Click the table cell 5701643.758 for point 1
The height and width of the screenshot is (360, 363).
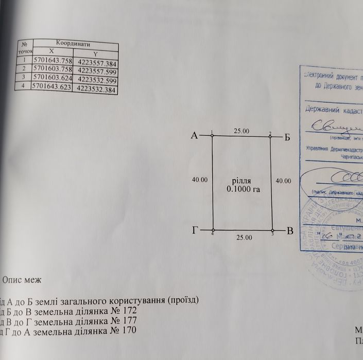(x=54, y=60)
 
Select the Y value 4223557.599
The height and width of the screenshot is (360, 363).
(x=98, y=72)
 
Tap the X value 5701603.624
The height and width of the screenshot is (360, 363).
(x=54, y=77)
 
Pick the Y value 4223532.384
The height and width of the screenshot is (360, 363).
(x=97, y=89)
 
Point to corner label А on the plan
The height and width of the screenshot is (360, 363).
(x=195, y=136)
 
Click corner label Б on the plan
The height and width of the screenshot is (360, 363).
(x=287, y=137)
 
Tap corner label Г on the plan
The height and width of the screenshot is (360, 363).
(x=195, y=231)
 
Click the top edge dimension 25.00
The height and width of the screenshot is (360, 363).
(x=241, y=131)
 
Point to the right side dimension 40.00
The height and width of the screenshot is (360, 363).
(x=283, y=181)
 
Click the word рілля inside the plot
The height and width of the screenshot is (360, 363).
(x=241, y=181)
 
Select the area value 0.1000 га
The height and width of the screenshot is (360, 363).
(x=241, y=189)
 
